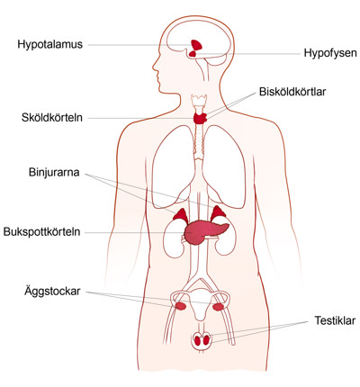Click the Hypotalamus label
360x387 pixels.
pyautogui.click(x=49, y=45)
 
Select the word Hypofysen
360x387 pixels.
pyautogui.click(x=330, y=53)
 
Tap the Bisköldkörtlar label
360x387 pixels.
pyautogui.click(x=292, y=92)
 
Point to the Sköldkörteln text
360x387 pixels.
pyautogui.click(x=52, y=117)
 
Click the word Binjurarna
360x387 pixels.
pyautogui.click(x=54, y=173)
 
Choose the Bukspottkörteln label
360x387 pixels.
pyautogui.click(x=41, y=232)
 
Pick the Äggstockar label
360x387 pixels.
pyautogui.click(x=52, y=292)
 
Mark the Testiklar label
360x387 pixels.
pyautogui.click(x=335, y=320)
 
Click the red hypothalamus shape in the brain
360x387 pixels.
pyautogui.click(x=196, y=45)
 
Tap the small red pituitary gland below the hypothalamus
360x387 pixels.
pyautogui.click(x=193, y=54)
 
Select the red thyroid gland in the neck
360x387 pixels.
pyautogui.click(x=201, y=118)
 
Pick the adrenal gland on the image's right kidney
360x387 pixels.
pyautogui.click(x=217, y=213)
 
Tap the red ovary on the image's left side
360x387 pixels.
pyautogui.click(x=181, y=306)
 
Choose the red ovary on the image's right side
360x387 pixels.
pyautogui.click(x=219, y=307)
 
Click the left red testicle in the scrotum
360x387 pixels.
pyautogui.click(x=197, y=341)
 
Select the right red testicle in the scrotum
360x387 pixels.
pyautogui.click(x=206, y=340)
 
